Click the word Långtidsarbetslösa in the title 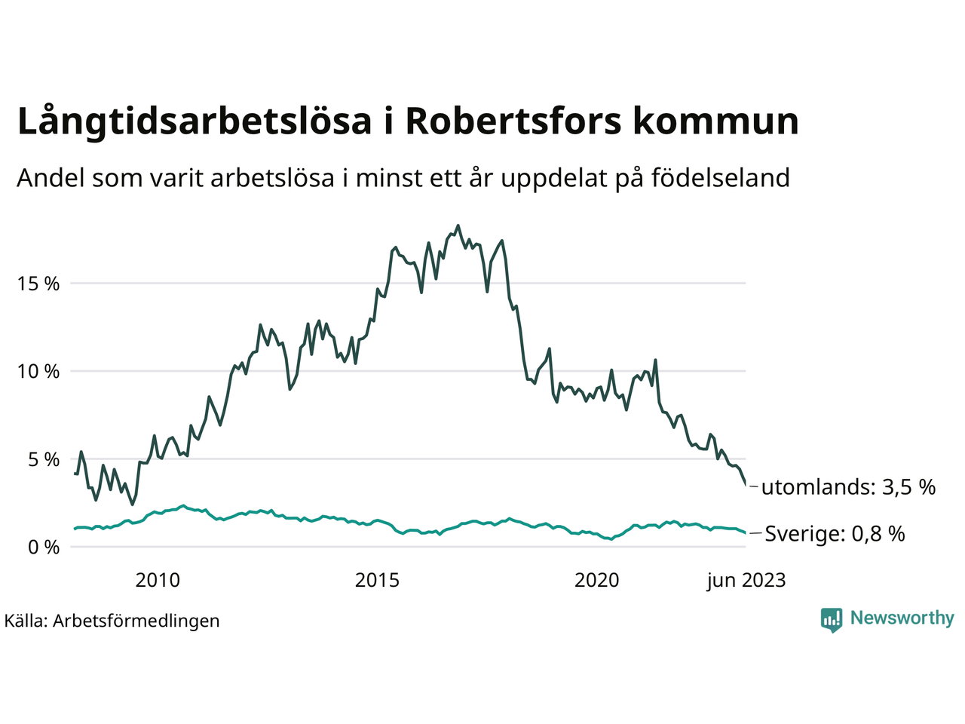[195, 122]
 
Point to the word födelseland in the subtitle [720, 178]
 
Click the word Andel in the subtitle [51, 178]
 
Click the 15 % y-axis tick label [38, 284]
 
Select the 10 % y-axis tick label [38, 372]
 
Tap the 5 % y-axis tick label [44, 459]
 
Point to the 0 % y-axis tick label [44, 547]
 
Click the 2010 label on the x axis [158, 580]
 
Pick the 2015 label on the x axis [377, 580]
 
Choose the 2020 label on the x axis [596, 580]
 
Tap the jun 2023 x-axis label [746, 580]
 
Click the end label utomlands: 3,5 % [848, 487]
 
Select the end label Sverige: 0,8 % [835, 534]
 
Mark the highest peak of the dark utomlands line [458, 225]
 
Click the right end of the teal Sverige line [745, 533]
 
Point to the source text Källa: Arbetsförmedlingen [112, 621]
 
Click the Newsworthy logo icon [832, 619]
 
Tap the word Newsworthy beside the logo [902, 618]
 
